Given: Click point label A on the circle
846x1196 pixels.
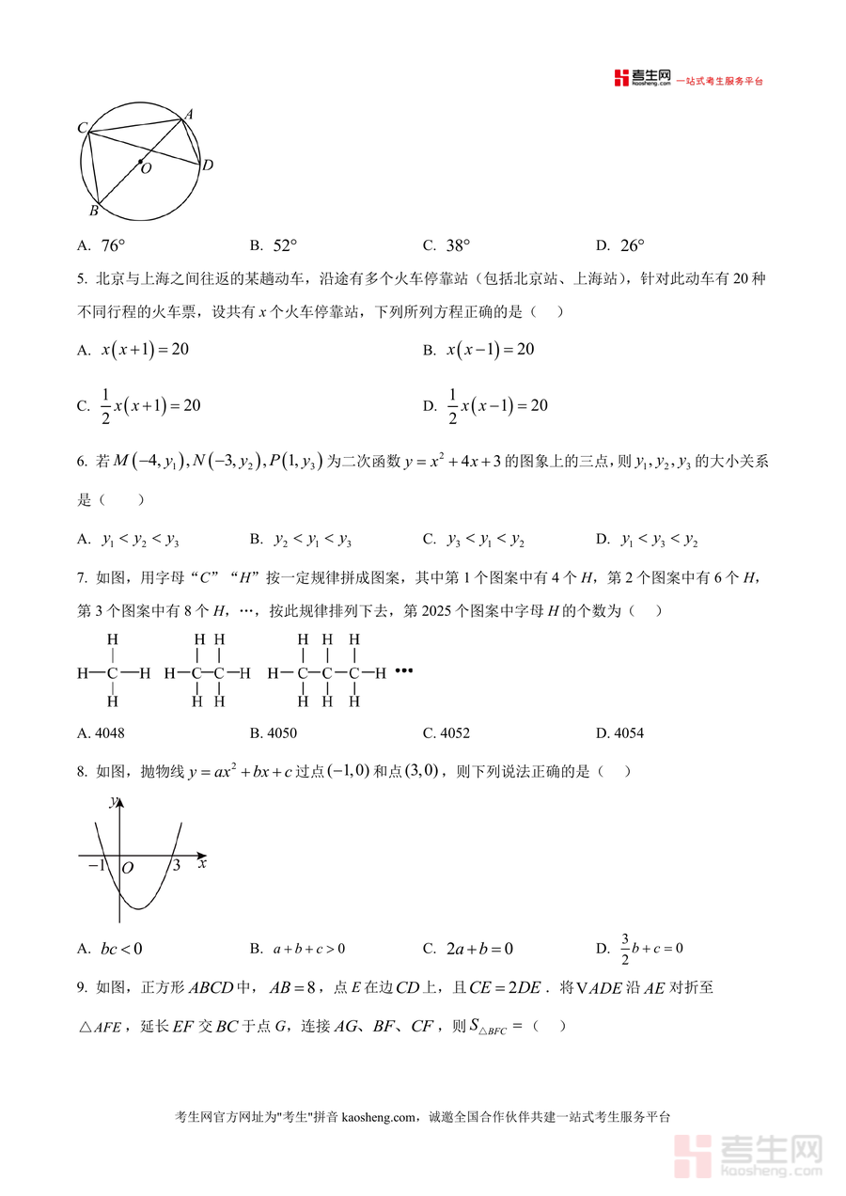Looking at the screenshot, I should coord(189,115).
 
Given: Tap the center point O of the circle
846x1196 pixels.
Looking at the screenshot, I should coord(141,162).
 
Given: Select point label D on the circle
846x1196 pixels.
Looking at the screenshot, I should coord(208,165).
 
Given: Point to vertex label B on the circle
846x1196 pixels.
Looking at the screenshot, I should coord(93,210).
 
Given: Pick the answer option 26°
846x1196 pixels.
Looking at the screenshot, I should coord(633,246).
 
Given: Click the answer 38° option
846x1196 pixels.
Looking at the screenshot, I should coord(458,246).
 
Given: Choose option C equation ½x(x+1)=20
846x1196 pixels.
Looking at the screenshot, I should coord(150,405).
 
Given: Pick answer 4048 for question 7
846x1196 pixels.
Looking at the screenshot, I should coord(109,733).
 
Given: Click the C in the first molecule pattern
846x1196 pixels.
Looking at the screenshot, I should coord(112,673).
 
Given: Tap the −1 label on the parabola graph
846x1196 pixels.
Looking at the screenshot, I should coord(96,866).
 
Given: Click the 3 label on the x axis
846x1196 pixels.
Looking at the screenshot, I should coord(176,866).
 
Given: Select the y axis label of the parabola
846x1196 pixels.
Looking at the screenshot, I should coord(113,802).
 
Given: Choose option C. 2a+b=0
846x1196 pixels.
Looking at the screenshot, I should coord(479,949).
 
